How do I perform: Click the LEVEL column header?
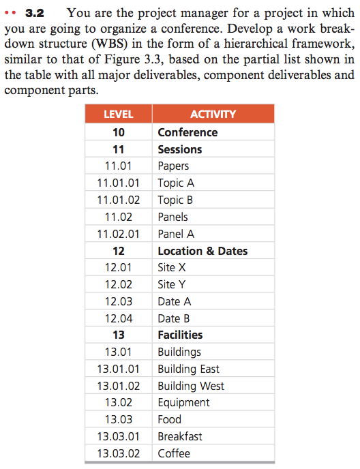118,115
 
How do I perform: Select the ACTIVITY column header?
213,115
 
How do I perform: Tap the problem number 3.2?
35,12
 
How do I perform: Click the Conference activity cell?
187,132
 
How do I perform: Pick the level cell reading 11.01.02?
118,200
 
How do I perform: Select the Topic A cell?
176,183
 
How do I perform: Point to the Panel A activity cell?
176,234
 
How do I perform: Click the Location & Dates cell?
202,251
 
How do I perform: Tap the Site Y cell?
172,284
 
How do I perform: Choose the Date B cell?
174,318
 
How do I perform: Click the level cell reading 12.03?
118,301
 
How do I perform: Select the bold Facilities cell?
180,335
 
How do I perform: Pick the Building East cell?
188,369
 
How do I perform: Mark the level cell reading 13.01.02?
118,386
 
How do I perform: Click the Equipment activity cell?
183,402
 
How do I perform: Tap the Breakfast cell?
180,436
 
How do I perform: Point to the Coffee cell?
174,453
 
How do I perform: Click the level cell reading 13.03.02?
118,453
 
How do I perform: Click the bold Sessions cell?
180,149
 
